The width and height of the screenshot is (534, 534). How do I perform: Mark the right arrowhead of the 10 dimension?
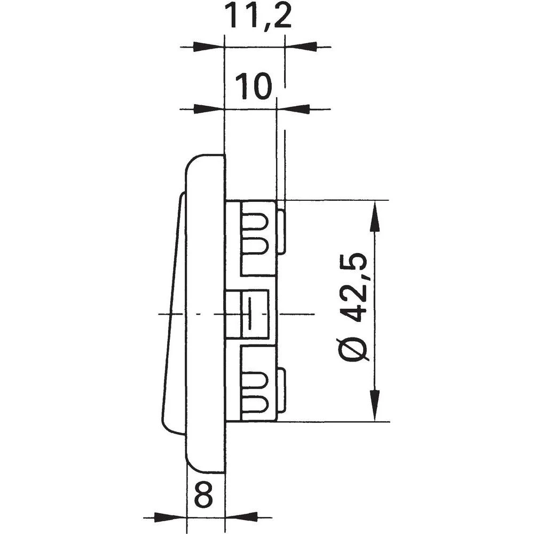293,109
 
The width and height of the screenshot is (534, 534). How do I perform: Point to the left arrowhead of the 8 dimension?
171,517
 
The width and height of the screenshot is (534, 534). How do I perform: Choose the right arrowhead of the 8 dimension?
242,517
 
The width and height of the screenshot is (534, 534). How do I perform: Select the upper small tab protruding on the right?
281,231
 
